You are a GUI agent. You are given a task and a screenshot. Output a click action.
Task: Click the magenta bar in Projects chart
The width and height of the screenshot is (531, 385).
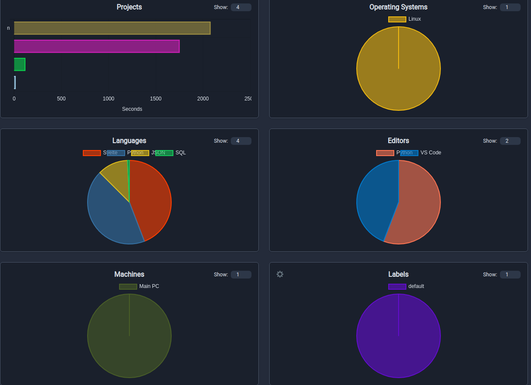pyautogui.click(x=96, y=46)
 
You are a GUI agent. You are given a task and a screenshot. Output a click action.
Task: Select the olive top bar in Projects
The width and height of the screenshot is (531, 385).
pyautogui.click(x=112, y=28)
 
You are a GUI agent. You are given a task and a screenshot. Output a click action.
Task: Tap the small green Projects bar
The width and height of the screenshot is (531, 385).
pyautogui.click(x=19, y=64)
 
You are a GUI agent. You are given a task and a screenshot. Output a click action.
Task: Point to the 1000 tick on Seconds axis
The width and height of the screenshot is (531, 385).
pyautogui.click(x=108, y=99)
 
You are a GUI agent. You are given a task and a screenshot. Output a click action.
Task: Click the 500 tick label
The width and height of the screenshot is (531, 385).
pyautogui.click(x=61, y=99)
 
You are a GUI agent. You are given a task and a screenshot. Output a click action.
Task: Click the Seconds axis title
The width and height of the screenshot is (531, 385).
pyautogui.click(x=132, y=109)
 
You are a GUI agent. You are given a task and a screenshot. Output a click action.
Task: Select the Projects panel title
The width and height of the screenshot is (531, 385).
pyautogui.click(x=129, y=7)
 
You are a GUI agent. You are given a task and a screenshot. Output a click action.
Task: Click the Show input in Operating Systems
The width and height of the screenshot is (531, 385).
pyautogui.click(x=510, y=7)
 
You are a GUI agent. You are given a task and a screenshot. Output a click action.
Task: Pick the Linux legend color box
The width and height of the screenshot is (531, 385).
pyautogui.click(x=397, y=19)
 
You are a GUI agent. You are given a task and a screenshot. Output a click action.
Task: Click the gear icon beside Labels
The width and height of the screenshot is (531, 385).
pyautogui.click(x=280, y=274)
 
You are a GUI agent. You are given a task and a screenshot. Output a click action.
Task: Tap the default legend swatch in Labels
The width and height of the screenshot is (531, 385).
pyautogui.click(x=397, y=287)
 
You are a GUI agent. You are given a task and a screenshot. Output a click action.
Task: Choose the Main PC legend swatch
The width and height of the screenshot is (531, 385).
pyautogui.click(x=128, y=287)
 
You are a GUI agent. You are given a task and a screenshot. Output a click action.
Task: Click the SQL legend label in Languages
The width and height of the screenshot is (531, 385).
pyautogui.click(x=181, y=153)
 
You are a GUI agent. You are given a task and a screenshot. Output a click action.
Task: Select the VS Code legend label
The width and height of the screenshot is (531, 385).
pyautogui.click(x=430, y=153)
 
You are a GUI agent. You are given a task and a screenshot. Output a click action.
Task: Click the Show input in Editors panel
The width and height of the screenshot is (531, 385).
pyautogui.click(x=510, y=141)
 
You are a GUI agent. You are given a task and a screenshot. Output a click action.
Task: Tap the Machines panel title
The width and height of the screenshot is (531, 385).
pyautogui.click(x=129, y=274)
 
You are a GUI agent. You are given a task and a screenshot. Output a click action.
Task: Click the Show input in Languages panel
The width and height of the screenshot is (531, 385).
pyautogui.click(x=241, y=141)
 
